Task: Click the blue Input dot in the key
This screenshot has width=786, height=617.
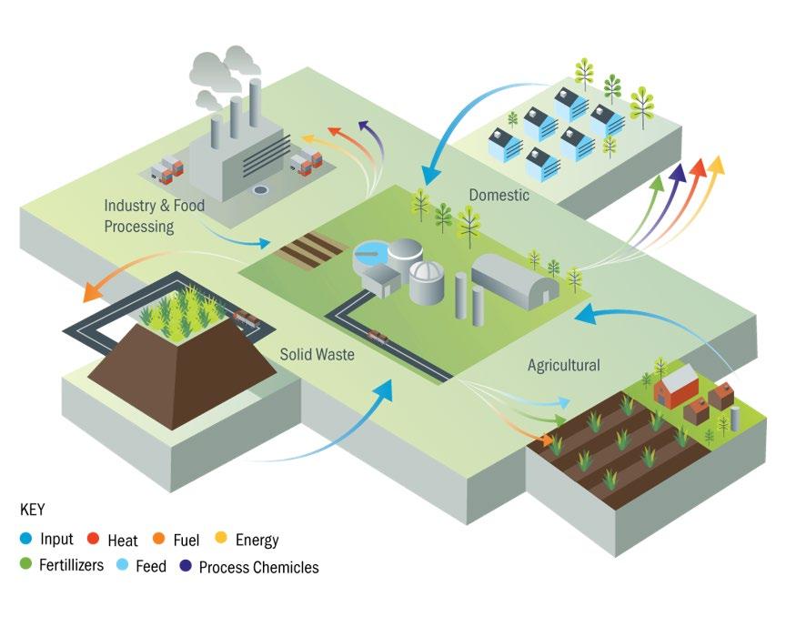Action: tap(25, 541)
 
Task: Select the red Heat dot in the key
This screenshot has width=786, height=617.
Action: tap(95, 541)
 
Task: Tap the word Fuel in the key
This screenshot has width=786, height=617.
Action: tap(186, 541)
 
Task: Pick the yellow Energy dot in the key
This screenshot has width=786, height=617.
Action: tap(223, 541)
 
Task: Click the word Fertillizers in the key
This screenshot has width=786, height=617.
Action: tap(71, 566)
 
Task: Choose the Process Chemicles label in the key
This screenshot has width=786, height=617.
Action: tap(258, 567)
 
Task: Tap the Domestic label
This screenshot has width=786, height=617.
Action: tap(499, 196)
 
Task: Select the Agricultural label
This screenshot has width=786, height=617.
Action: tap(564, 366)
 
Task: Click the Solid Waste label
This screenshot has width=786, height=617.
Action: tap(317, 355)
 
